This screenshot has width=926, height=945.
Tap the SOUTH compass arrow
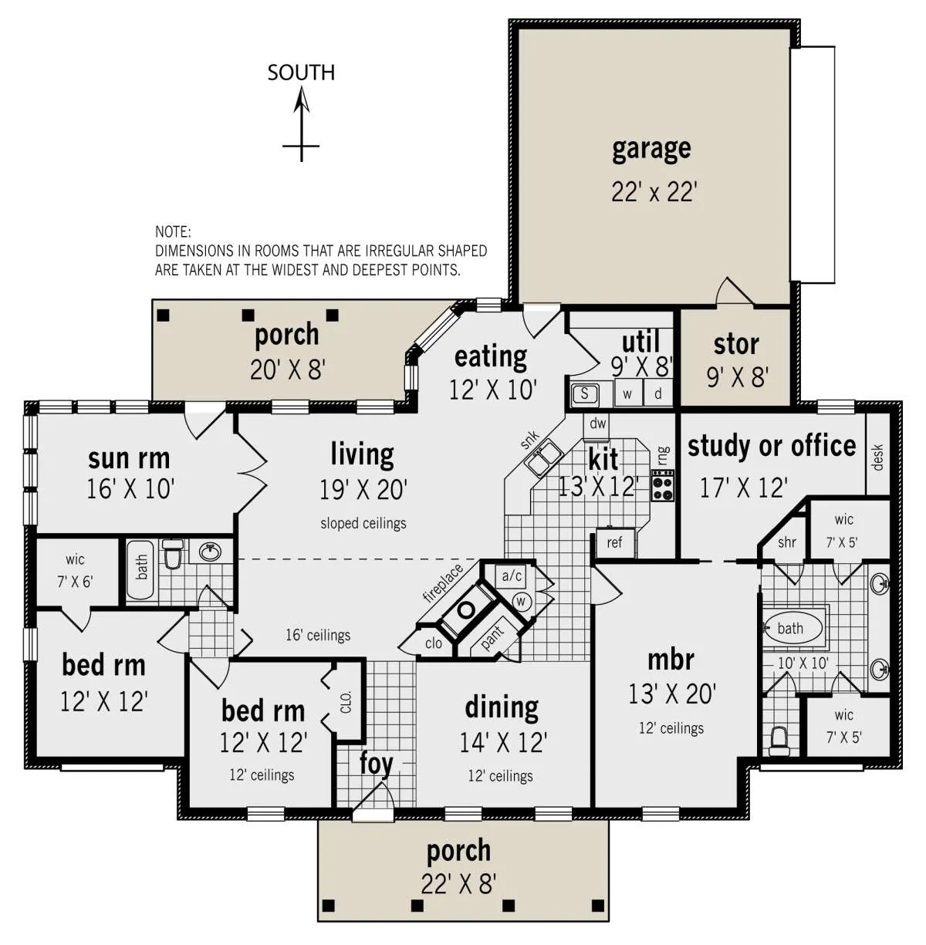coord(301,124)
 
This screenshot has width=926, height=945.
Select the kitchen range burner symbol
coord(663,484)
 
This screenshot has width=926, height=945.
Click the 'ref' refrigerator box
coord(615,543)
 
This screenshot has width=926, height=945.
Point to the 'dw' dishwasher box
coord(597,424)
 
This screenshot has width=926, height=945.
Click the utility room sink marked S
coord(584,393)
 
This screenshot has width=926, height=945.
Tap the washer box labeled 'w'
coord(627,393)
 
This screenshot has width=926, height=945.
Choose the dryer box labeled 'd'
coord(657,393)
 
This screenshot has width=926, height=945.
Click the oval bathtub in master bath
coord(793,628)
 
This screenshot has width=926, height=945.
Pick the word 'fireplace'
coord(443,582)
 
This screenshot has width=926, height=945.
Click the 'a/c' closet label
coord(512,575)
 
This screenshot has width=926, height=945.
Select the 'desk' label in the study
coord(878,457)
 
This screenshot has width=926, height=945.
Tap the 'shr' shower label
coord(786,542)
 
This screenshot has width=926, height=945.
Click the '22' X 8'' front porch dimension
coord(458,884)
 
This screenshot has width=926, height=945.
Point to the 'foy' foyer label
coord(376,764)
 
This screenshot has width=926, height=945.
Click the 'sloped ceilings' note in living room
coord(363,523)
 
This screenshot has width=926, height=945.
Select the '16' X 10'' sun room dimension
coord(130,488)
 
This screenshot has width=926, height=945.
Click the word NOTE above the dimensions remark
coord(173,232)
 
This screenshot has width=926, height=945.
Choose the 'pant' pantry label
coord(492,637)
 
